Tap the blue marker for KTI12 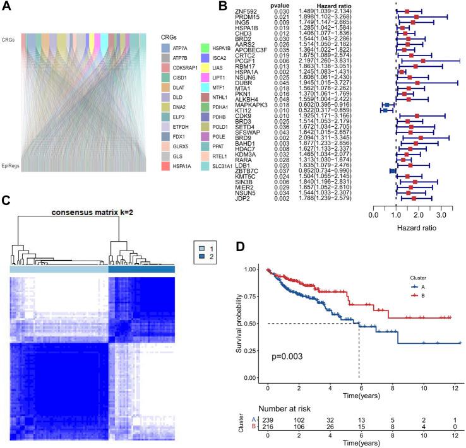tap(385, 110)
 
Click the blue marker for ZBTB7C tap(392, 170)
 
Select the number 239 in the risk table tap(268, 421)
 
